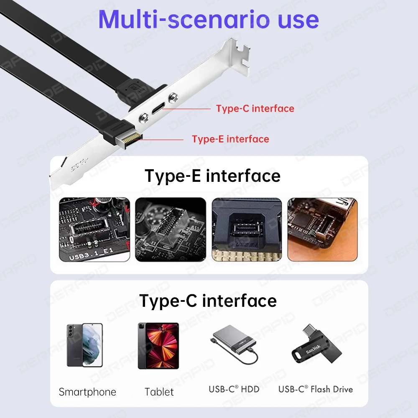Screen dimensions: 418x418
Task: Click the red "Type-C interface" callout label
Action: coord(255,109)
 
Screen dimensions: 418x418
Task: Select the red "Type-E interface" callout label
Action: coord(230,139)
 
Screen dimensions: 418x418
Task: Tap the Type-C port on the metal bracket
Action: coord(156,110)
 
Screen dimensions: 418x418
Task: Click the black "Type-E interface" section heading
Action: coord(212,176)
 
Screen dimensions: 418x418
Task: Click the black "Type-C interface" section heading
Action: coord(208,301)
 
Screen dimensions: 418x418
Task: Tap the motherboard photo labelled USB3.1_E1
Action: coord(94,229)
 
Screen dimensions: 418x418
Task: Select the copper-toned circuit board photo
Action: coord(322,229)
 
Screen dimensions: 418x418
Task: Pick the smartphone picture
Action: coord(84,345)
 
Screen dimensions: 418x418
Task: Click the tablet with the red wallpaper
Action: coord(158,345)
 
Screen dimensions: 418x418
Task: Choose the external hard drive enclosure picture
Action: coord(233,345)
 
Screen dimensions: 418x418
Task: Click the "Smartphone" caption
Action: coord(87,392)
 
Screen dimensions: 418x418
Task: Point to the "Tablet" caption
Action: coord(159,392)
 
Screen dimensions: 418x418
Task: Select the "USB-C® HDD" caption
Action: coord(234,389)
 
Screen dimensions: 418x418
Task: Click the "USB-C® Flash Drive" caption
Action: coord(316,389)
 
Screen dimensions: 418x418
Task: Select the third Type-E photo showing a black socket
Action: coord(247,229)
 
